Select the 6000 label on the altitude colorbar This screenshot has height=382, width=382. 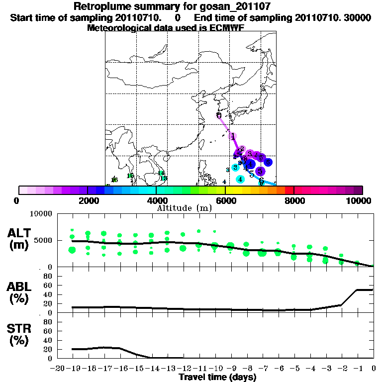225,200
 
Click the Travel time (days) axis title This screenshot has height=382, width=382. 217,377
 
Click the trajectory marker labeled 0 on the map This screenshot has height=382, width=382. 219,115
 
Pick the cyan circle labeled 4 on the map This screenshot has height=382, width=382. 240,179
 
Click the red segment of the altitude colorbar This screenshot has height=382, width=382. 289,190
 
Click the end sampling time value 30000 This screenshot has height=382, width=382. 358,18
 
